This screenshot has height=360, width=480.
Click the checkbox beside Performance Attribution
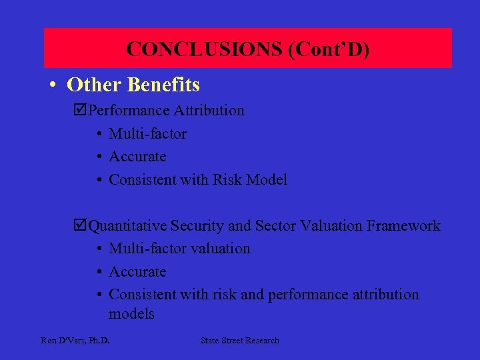tap(82, 111)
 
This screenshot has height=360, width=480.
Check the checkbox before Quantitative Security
tap(82, 226)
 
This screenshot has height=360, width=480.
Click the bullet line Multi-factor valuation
tap(179, 249)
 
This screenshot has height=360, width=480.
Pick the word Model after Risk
tap(268, 180)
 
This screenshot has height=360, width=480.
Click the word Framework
tap(403, 226)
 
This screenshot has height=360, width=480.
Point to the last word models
tap(131, 314)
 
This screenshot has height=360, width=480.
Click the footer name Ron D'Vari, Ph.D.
tap(75, 341)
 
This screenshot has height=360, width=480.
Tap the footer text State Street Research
tap(240, 341)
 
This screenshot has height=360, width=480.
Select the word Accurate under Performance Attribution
tap(137, 157)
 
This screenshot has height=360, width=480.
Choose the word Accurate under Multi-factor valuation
tap(137, 272)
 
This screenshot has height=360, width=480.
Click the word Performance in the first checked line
tap(131, 111)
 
